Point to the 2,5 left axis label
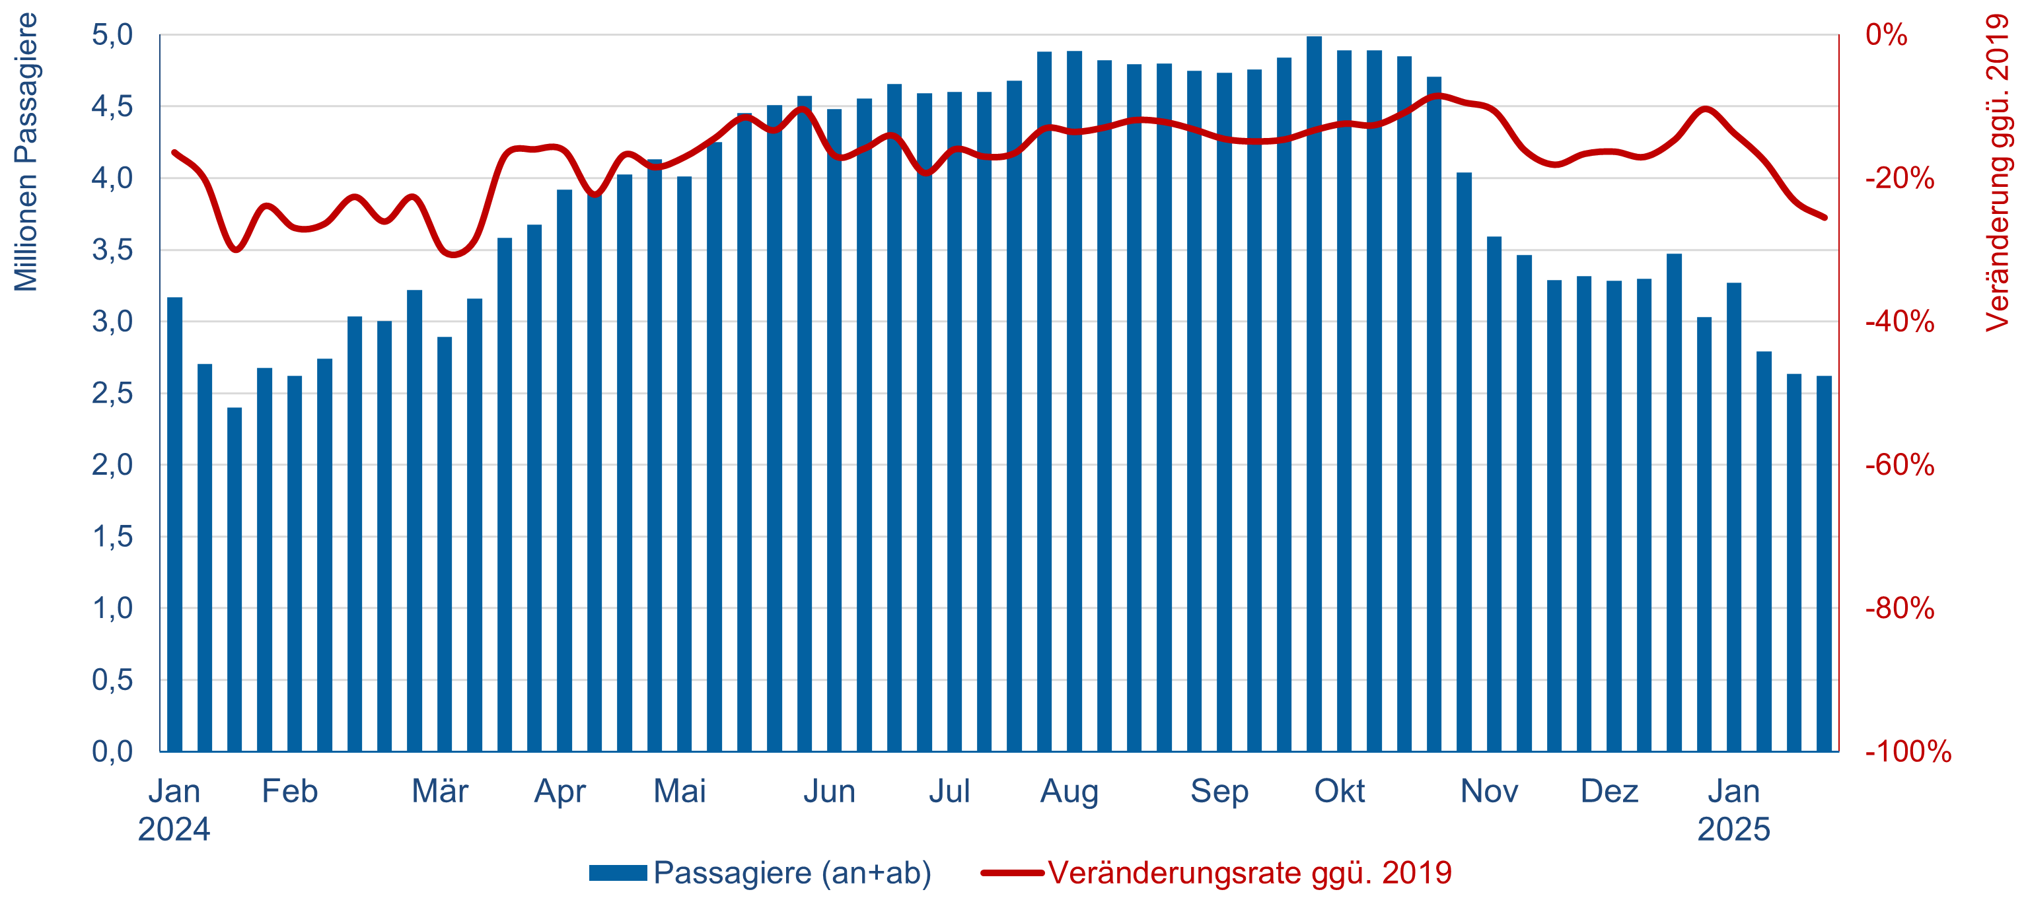[112, 393]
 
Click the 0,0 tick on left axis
[112, 751]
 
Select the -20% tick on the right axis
[1899, 178]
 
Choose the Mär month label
[440, 791]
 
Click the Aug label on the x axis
[1069, 791]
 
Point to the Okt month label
[1340, 791]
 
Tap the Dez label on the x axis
[1609, 791]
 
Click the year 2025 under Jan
[1733, 829]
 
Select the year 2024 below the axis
[174, 829]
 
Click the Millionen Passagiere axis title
[26, 153]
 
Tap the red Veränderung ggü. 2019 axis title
[1998, 173]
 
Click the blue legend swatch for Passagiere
[618, 873]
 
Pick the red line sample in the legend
[1012, 873]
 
